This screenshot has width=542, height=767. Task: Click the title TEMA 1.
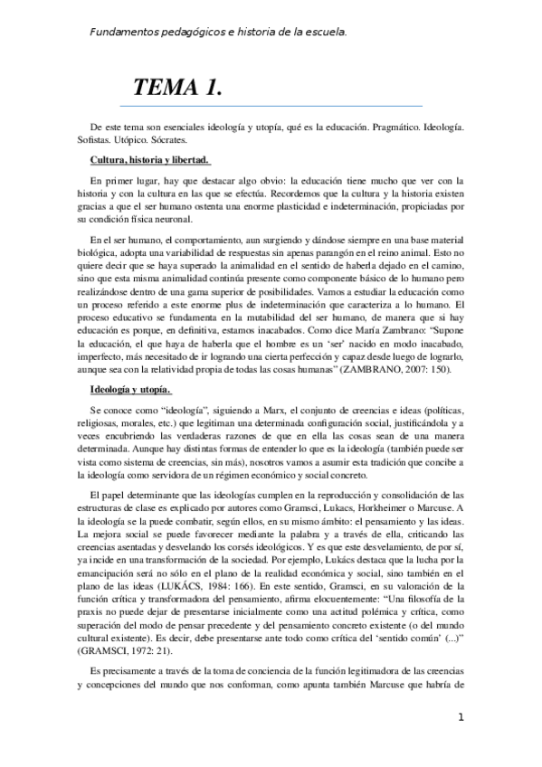click(x=178, y=88)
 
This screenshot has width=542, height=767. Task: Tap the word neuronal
click(x=198, y=218)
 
